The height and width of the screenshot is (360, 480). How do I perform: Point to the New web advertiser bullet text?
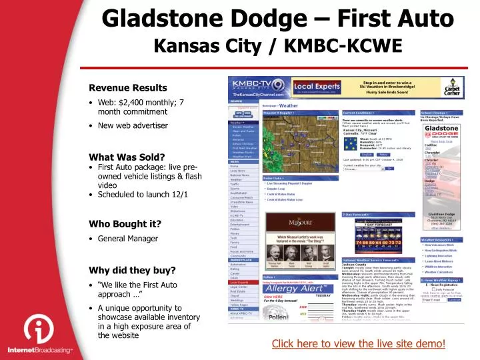tap(123, 125)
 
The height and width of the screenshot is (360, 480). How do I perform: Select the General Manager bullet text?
tap(128, 238)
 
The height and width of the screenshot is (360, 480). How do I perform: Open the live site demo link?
tap(358, 343)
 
